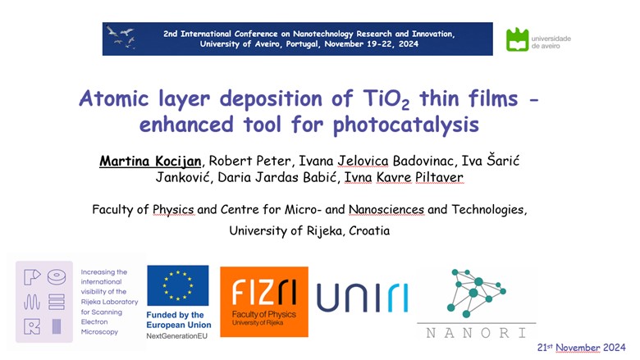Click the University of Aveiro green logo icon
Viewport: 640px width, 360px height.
coord(517,39)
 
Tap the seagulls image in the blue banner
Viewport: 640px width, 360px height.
coord(121,37)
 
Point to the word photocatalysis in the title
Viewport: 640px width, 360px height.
coord(405,125)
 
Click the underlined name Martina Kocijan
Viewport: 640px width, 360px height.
coord(151,161)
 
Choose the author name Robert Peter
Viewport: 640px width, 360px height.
coord(249,161)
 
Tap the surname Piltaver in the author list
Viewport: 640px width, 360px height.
coord(439,177)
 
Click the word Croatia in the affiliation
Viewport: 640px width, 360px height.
coord(369,230)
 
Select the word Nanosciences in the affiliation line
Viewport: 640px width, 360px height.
coord(386,210)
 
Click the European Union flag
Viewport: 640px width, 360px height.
coord(178,285)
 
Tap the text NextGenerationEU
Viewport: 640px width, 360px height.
coord(176,336)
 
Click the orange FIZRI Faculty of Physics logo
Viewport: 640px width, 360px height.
coord(264,302)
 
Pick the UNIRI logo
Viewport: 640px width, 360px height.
coord(363,298)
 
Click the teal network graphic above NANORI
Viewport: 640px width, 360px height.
coord(477,292)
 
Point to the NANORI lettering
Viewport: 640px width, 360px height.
coord(477,333)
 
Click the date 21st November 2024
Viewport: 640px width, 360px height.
coord(581,348)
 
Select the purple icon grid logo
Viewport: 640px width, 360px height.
coord(44,302)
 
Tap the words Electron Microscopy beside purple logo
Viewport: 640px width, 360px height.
coord(99,327)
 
